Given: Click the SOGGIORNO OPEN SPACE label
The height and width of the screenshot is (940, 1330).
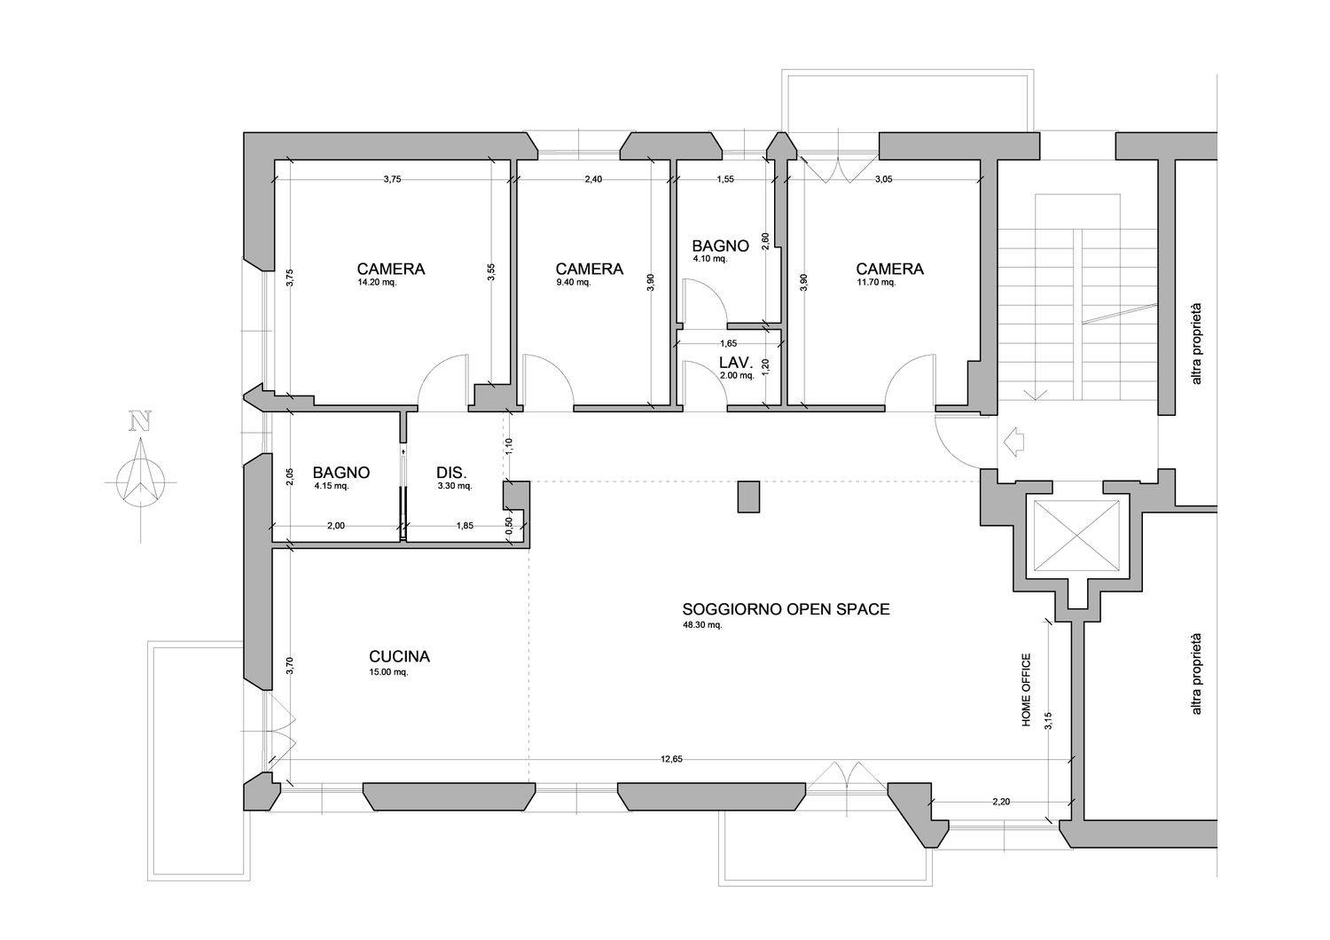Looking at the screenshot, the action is (786, 609).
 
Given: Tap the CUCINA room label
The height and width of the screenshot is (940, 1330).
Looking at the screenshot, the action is (399, 657).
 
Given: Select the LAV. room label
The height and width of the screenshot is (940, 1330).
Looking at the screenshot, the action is (736, 362).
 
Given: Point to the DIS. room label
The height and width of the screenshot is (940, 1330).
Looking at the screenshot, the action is (452, 473).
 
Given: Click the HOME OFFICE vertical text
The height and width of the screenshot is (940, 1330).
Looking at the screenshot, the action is (1026, 690).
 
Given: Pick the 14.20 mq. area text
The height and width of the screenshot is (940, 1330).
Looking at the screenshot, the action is (377, 283).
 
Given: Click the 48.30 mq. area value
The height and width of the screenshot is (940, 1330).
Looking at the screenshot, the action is (702, 624).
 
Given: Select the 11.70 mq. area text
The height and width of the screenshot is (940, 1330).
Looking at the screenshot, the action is (876, 283).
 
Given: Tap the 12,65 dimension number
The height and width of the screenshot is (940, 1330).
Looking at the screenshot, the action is (671, 758).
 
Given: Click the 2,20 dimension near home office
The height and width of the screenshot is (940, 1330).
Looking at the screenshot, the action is (1001, 802).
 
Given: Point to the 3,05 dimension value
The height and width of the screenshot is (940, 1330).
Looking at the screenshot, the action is (883, 179).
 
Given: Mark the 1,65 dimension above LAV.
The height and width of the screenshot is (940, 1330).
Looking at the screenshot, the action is (729, 343).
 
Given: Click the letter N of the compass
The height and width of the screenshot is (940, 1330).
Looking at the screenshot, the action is (141, 421).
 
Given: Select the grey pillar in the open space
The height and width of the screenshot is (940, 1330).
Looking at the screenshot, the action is (748, 497).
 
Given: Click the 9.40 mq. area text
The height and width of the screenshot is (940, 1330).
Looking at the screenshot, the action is (574, 283).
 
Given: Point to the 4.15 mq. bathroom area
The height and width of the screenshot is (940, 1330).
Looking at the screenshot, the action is (332, 486).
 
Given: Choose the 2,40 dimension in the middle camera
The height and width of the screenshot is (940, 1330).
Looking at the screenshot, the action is (593, 179).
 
